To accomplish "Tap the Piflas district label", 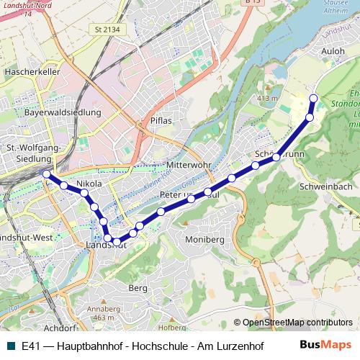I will click(161, 120).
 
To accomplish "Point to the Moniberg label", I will click(205, 238).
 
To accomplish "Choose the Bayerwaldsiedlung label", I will click(55, 113).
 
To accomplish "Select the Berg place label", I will click(138, 287).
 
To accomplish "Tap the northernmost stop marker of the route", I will click(313, 99).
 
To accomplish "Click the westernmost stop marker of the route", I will click(47, 174).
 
